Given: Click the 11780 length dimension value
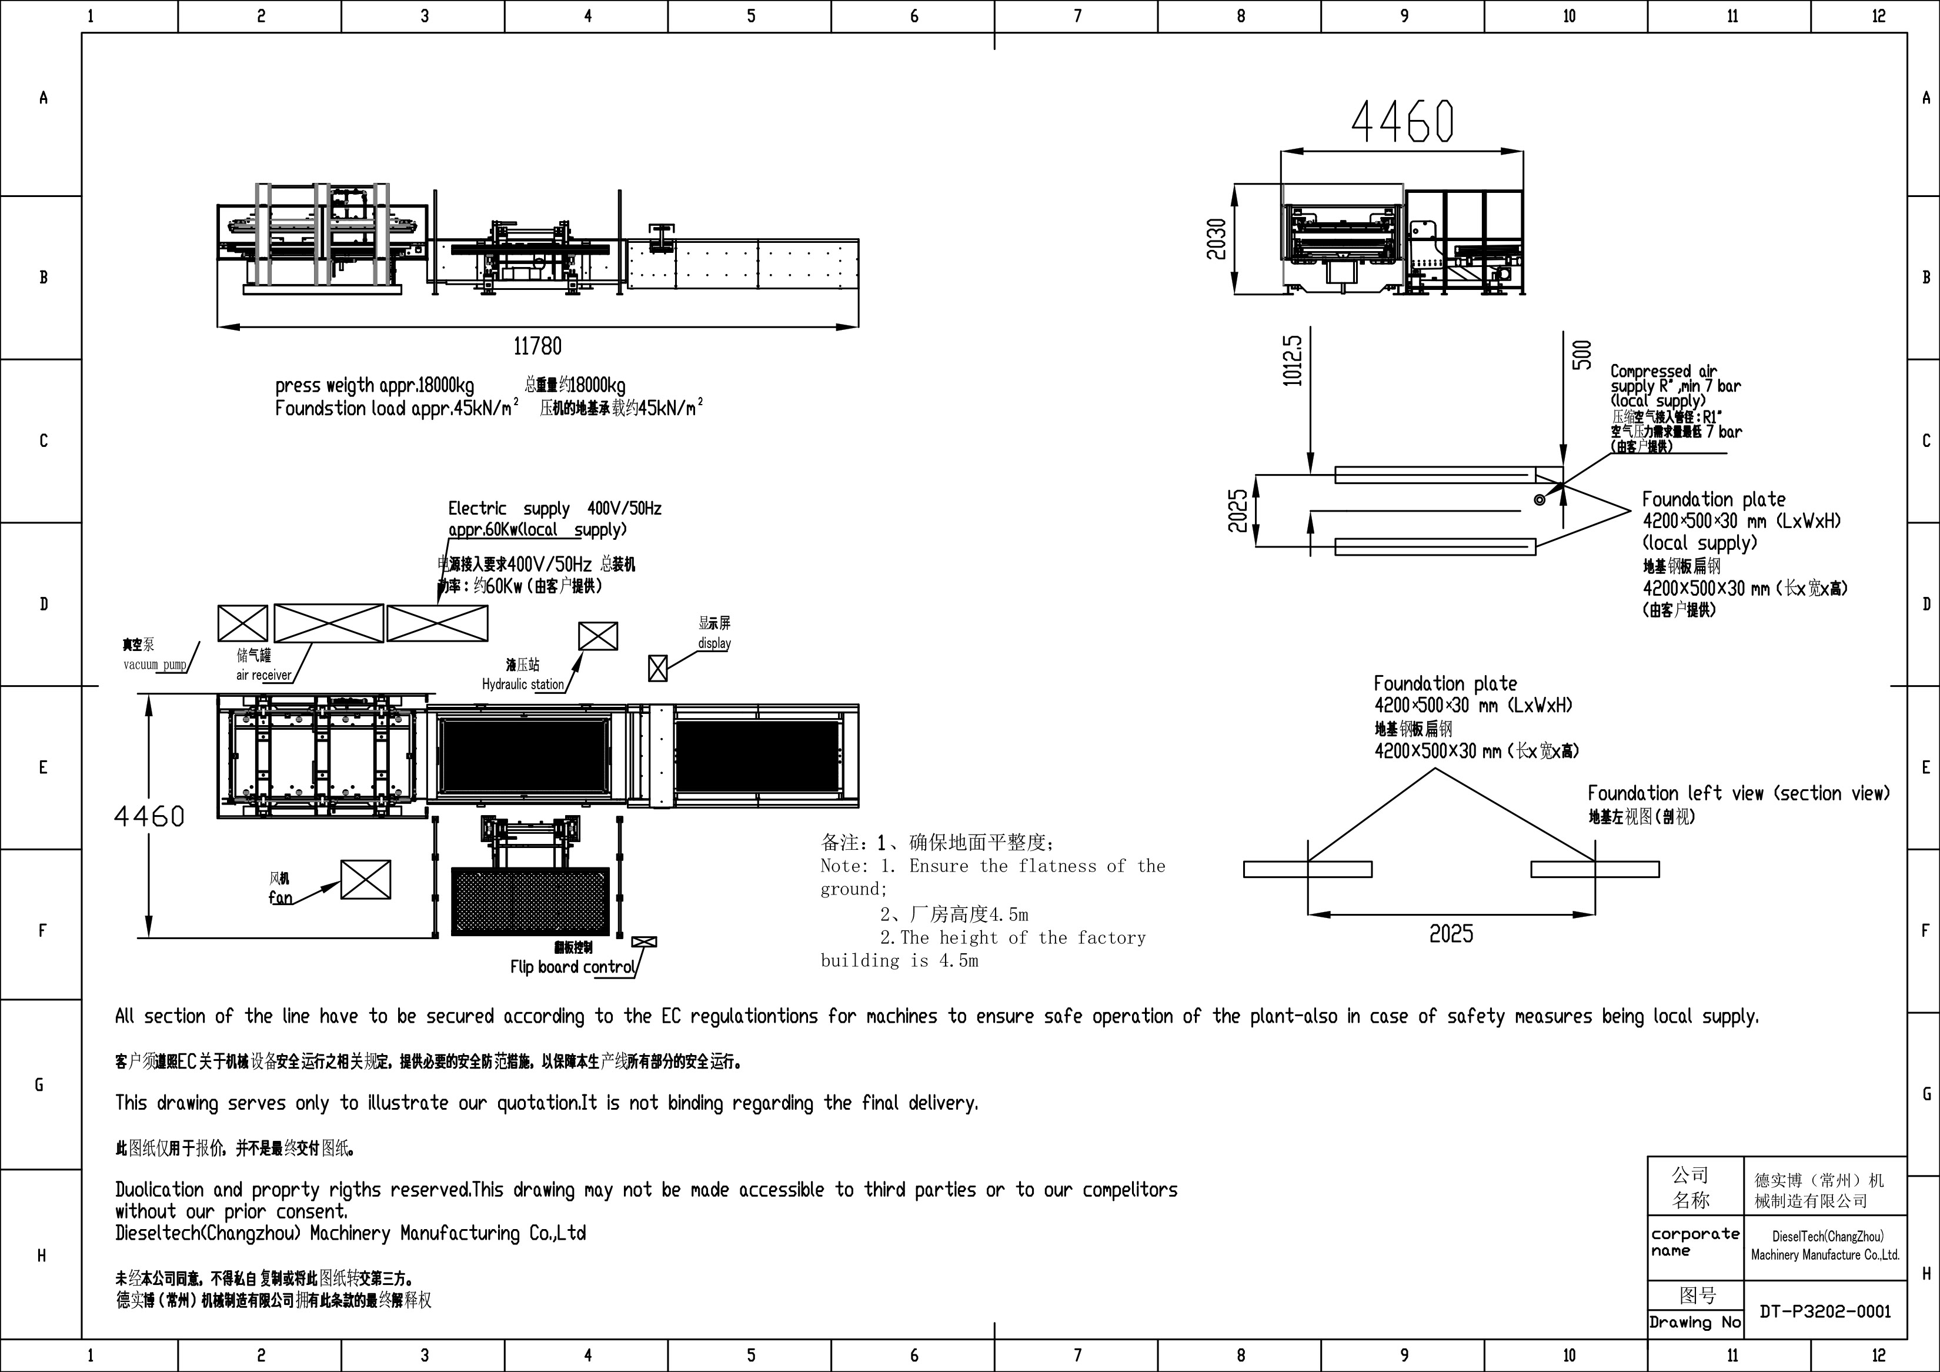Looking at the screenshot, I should (x=537, y=346).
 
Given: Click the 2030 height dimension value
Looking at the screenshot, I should (x=1216, y=240).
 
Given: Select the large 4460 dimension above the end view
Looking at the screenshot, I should (x=1403, y=122).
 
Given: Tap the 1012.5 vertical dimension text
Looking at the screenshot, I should (x=1293, y=360).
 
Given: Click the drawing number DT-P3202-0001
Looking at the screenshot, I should (x=1825, y=1311).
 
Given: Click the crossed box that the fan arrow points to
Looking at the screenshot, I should (x=366, y=879).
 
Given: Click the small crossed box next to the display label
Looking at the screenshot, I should (x=657, y=668).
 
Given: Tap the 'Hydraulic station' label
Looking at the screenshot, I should (x=522, y=685).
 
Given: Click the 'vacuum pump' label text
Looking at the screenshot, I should (x=155, y=665).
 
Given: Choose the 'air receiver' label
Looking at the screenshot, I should (x=263, y=675).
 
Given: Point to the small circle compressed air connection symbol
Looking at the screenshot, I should (x=1540, y=500).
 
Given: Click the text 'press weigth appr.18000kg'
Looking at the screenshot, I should (x=375, y=386).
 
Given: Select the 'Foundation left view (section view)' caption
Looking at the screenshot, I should (x=1738, y=793).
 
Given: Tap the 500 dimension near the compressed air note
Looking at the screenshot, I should (x=1582, y=355).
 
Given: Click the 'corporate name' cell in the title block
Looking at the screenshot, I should (x=1695, y=1242).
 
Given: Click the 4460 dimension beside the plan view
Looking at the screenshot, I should (x=149, y=816).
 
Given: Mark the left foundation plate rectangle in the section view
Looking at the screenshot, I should (x=1307, y=869).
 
